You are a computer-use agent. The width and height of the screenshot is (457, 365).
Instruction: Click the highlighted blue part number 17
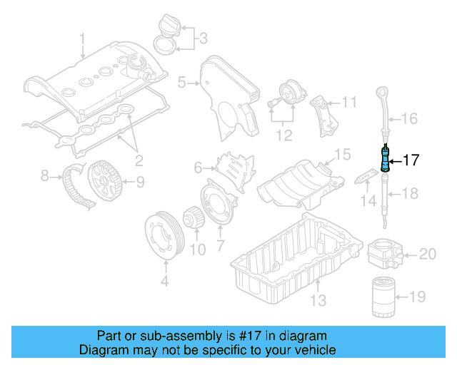pos(386,159)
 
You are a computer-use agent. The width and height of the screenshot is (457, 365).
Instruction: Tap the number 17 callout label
pos(412,160)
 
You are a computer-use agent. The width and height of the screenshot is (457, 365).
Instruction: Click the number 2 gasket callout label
pos(139,159)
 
